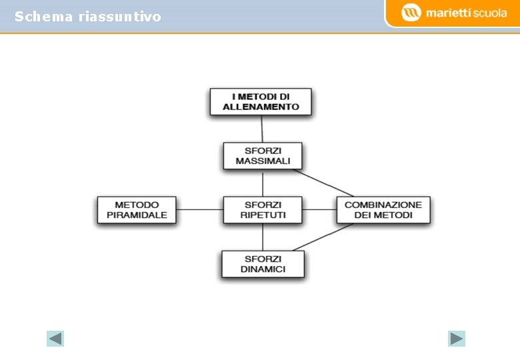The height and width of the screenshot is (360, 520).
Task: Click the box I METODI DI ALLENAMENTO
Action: click(x=261, y=101)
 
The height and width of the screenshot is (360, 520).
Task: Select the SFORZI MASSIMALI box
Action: click(x=263, y=156)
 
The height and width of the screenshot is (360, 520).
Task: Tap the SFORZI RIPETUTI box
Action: click(x=263, y=210)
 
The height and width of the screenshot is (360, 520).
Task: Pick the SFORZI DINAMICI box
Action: click(x=263, y=264)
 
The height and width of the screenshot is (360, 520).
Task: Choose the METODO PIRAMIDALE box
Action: click(x=137, y=210)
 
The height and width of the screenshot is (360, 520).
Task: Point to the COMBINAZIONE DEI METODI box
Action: click(x=383, y=210)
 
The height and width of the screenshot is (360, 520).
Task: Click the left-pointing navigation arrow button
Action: click(x=55, y=339)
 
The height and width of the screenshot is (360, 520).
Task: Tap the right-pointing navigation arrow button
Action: click(x=457, y=339)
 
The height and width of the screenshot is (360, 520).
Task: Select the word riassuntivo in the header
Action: click(x=119, y=17)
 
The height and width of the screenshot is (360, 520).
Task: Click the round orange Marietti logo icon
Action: click(x=411, y=13)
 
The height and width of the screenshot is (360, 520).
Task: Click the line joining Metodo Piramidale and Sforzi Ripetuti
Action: click(x=200, y=209)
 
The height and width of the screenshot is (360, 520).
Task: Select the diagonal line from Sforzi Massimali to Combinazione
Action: click(x=323, y=182)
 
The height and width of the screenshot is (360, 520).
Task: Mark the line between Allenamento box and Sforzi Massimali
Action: click(x=262, y=129)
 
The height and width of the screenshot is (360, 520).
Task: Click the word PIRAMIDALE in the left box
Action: click(x=137, y=215)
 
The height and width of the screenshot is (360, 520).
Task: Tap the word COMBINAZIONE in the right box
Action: click(x=383, y=205)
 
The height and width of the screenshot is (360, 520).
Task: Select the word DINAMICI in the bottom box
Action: click(x=263, y=269)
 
